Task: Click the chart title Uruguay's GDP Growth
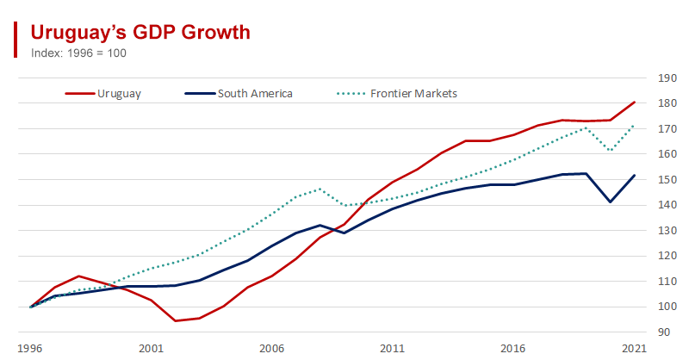[140, 32]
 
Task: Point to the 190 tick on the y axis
[666, 78]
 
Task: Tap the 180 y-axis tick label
[666, 103]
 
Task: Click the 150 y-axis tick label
[666, 180]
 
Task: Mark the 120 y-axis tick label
[666, 256]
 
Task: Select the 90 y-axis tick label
[663, 332]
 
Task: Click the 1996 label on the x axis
[31, 348]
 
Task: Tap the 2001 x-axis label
[152, 348]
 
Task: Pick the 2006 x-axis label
[272, 348]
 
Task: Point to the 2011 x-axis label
[393, 348]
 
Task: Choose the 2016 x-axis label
[513, 348]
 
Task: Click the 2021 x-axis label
[634, 348]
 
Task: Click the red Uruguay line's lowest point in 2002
[176, 320]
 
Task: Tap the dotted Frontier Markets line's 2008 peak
[320, 189]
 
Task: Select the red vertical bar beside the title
[16, 40]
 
